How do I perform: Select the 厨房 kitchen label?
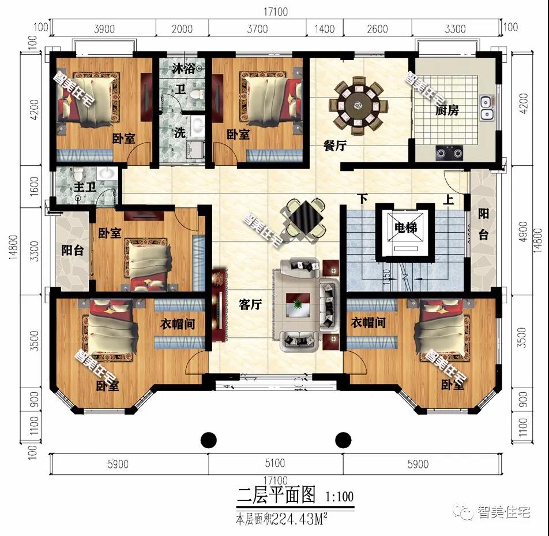click(448, 110)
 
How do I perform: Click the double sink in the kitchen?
click(487, 106)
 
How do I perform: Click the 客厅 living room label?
click(250, 305)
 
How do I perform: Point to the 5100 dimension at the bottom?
click(276, 464)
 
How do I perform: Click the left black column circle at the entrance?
click(209, 440)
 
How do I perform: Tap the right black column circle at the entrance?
click(344, 440)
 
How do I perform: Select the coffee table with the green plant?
click(299, 305)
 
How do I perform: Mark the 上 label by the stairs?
click(448, 200)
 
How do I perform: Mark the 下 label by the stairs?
click(362, 199)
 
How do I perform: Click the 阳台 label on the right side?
click(483, 224)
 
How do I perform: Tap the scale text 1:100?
click(340, 496)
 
